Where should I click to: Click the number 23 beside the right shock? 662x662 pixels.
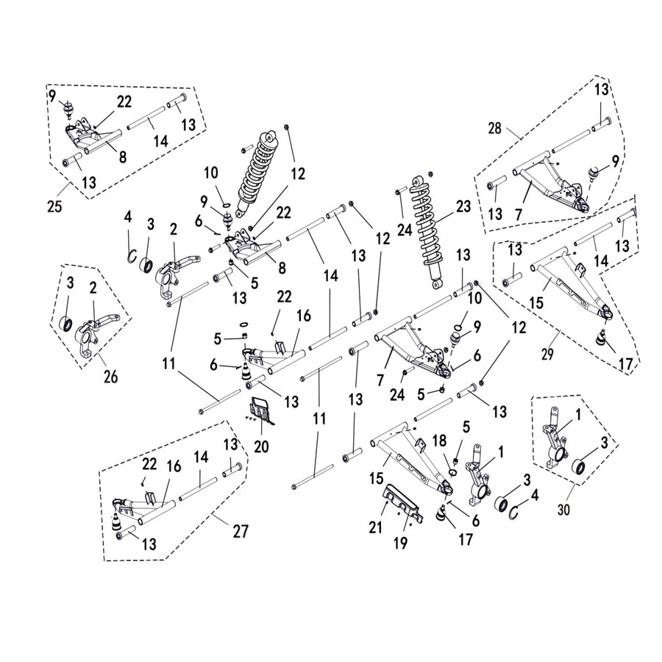click(x=463, y=207)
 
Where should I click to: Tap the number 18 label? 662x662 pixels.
click(x=440, y=440)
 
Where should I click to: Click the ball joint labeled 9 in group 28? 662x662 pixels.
click(x=593, y=175)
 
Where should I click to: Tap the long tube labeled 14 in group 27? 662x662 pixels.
click(x=198, y=485)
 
